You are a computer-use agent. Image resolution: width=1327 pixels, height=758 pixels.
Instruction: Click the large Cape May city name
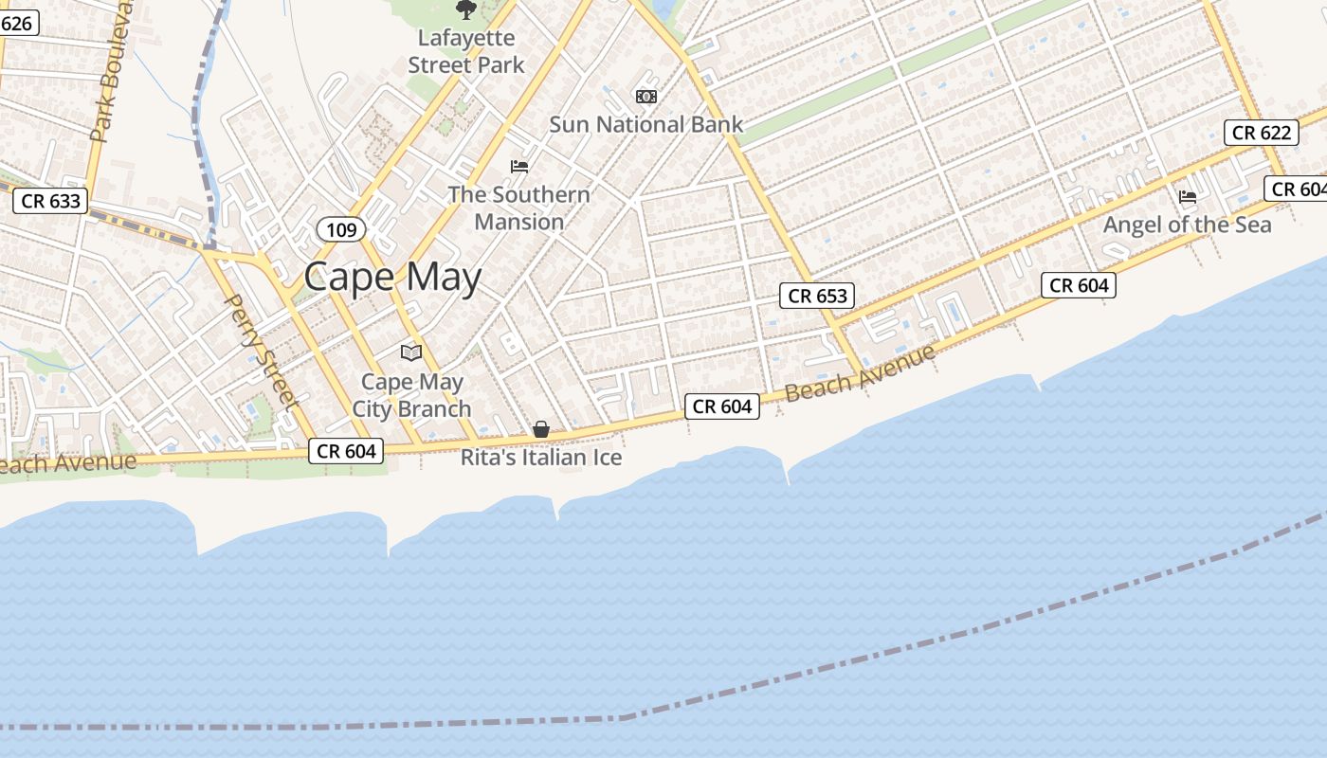tap(392, 277)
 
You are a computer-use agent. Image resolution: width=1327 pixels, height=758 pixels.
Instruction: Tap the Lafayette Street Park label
tap(466, 51)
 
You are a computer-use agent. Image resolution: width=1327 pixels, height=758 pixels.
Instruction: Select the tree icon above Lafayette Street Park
tap(465, 10)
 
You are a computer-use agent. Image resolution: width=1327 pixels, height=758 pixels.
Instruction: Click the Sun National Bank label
tap(646, 124)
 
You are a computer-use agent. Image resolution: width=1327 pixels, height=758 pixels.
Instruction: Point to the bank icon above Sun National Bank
tap(646, 97)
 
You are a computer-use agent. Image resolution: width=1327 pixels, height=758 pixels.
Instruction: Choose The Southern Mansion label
tap(518, 208)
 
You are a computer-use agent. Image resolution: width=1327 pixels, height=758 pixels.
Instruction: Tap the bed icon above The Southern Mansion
tap(519, 167)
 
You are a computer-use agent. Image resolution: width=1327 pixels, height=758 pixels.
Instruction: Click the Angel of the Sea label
tap(1187, 225)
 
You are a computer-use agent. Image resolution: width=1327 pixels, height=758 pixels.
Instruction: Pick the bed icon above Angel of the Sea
tap(1188, 197)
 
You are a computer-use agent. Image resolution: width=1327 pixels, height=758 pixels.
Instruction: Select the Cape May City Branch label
tap(412, 395)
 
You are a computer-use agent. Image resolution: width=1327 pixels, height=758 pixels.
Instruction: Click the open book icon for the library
tap(411, 353)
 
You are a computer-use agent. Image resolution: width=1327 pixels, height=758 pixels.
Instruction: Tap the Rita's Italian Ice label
tap(541, 458)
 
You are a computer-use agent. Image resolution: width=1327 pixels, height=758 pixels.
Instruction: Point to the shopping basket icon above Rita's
tap(541, 429)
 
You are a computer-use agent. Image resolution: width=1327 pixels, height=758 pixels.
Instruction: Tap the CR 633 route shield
tap(51, 201)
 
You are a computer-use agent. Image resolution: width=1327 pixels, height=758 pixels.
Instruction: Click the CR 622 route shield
tap(1261, 133)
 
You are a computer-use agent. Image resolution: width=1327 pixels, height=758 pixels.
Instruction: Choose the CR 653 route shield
tap(817, 296)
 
